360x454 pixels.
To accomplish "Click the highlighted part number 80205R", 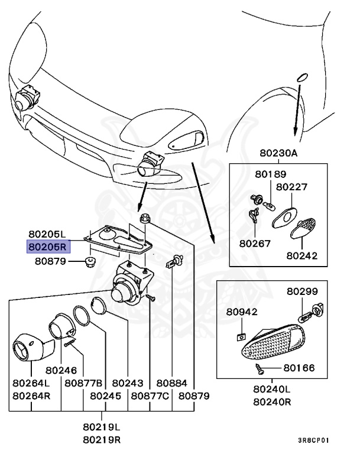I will click(x=48, y=246).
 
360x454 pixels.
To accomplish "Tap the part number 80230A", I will click(x=278, y=153).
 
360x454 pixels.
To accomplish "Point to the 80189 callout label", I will click(x=270, y=174).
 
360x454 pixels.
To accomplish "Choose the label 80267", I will click(x=255, y=242).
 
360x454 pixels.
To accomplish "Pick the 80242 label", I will click(x=303, y=256).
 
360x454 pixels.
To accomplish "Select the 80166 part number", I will click(x=299, y=368).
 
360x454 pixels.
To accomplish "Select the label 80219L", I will click(x=102, y=426).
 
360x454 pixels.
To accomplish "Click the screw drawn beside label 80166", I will click(x=260, y=369).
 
